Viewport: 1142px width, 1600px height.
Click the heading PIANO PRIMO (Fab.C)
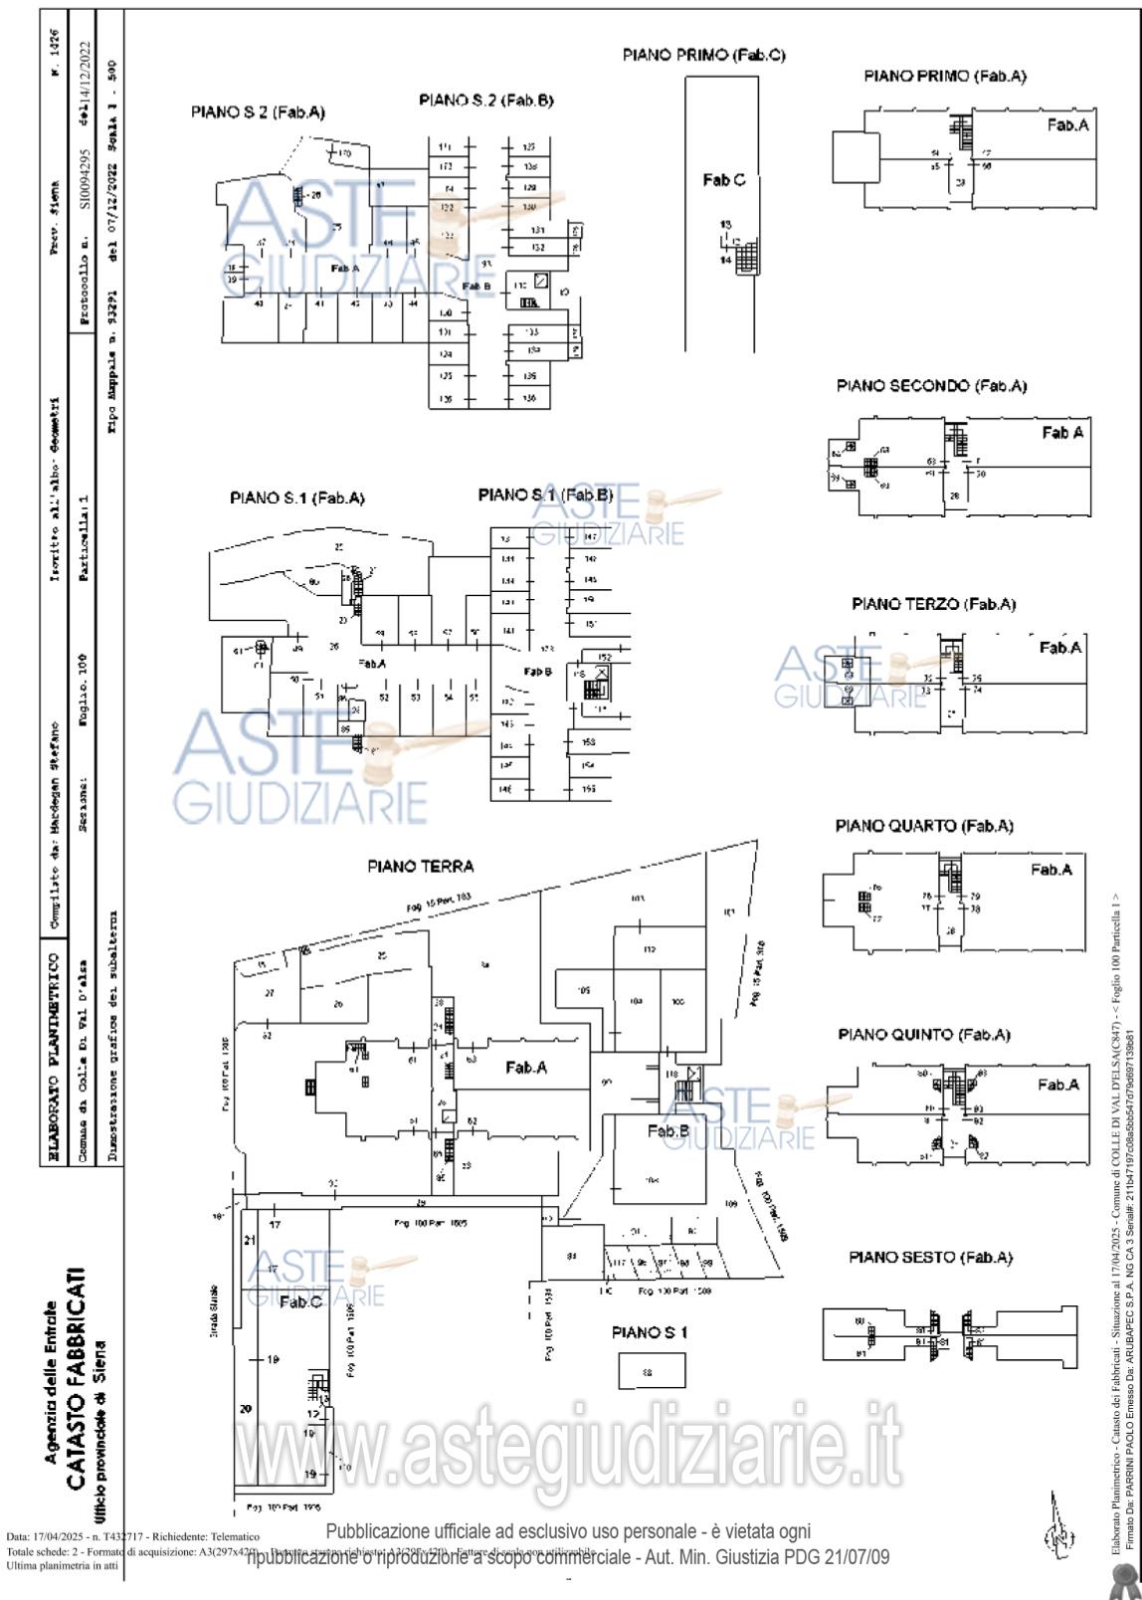click(703, 56)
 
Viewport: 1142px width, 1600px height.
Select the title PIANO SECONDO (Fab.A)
click(931, 386)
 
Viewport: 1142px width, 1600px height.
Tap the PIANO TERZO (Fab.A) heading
click(934, 604)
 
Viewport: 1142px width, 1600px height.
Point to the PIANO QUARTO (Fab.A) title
click(924, 826)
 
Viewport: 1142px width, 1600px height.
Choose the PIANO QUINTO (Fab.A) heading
click(924, 1035)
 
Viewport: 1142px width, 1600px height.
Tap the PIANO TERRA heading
click(421, 867)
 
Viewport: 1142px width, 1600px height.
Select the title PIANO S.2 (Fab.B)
click(486, 100)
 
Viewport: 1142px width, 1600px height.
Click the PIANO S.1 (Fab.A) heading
click(297, 499)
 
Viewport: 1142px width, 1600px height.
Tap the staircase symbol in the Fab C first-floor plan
click(745, 258)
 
